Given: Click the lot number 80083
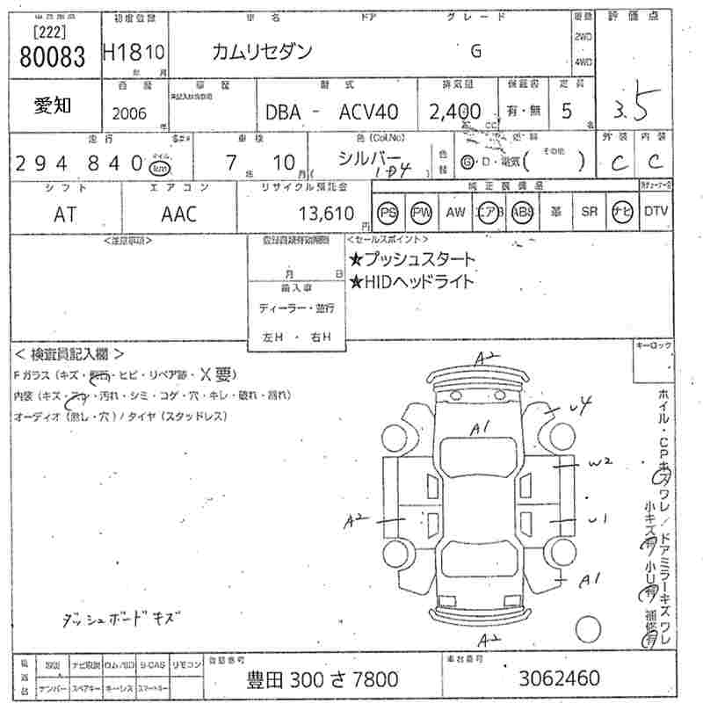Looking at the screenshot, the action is pyautogui.click(x=52, y=59).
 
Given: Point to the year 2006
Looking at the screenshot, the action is pyautogui.click(x=130, y=113).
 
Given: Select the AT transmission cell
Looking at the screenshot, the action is pyautogui.click(x=65, y=214).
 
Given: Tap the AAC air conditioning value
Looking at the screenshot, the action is pyautogui.click(x=179, y=214).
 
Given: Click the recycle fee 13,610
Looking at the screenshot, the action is pyautogui.click(x=325, y=214).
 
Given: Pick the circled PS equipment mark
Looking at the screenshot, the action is pyautogui.click(x=388, y=213).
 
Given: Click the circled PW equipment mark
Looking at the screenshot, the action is pyautogui.click(x=422, y=213).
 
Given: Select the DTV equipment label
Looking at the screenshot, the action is pyautogui.click(x=656, y=212).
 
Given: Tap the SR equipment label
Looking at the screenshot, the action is pyautogui.click(x=589, y=212).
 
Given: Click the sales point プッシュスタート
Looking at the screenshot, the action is pyautogui.click(x=412, y=259).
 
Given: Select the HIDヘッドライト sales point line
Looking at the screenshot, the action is pyautogui.click(x=412, y=281).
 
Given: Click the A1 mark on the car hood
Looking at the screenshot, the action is pyautogui.click(x=479, y=429).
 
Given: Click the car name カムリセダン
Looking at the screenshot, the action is pyautogui.click(x=262, y=51).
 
